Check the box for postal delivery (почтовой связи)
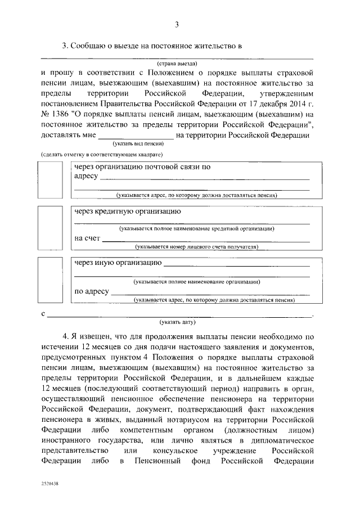coord(54,180)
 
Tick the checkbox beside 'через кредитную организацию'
coord(54,229)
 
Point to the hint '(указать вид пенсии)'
coord(137,144)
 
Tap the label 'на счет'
coord(87,238)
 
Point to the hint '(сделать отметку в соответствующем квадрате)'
coord(102,154)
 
